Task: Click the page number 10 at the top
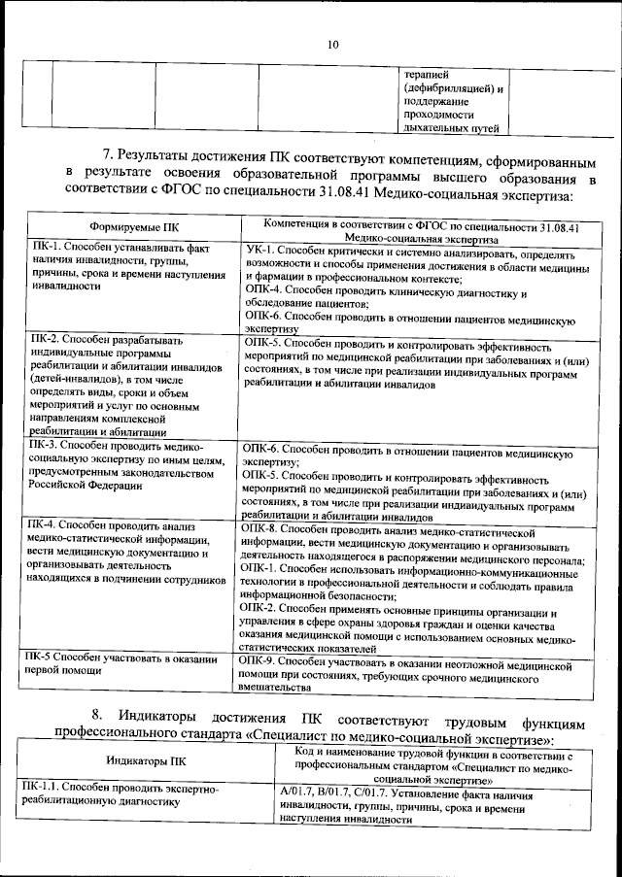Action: tap(332, 45)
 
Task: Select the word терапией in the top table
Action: tap(427, 76)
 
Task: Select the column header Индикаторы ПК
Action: tap(147, 762)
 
